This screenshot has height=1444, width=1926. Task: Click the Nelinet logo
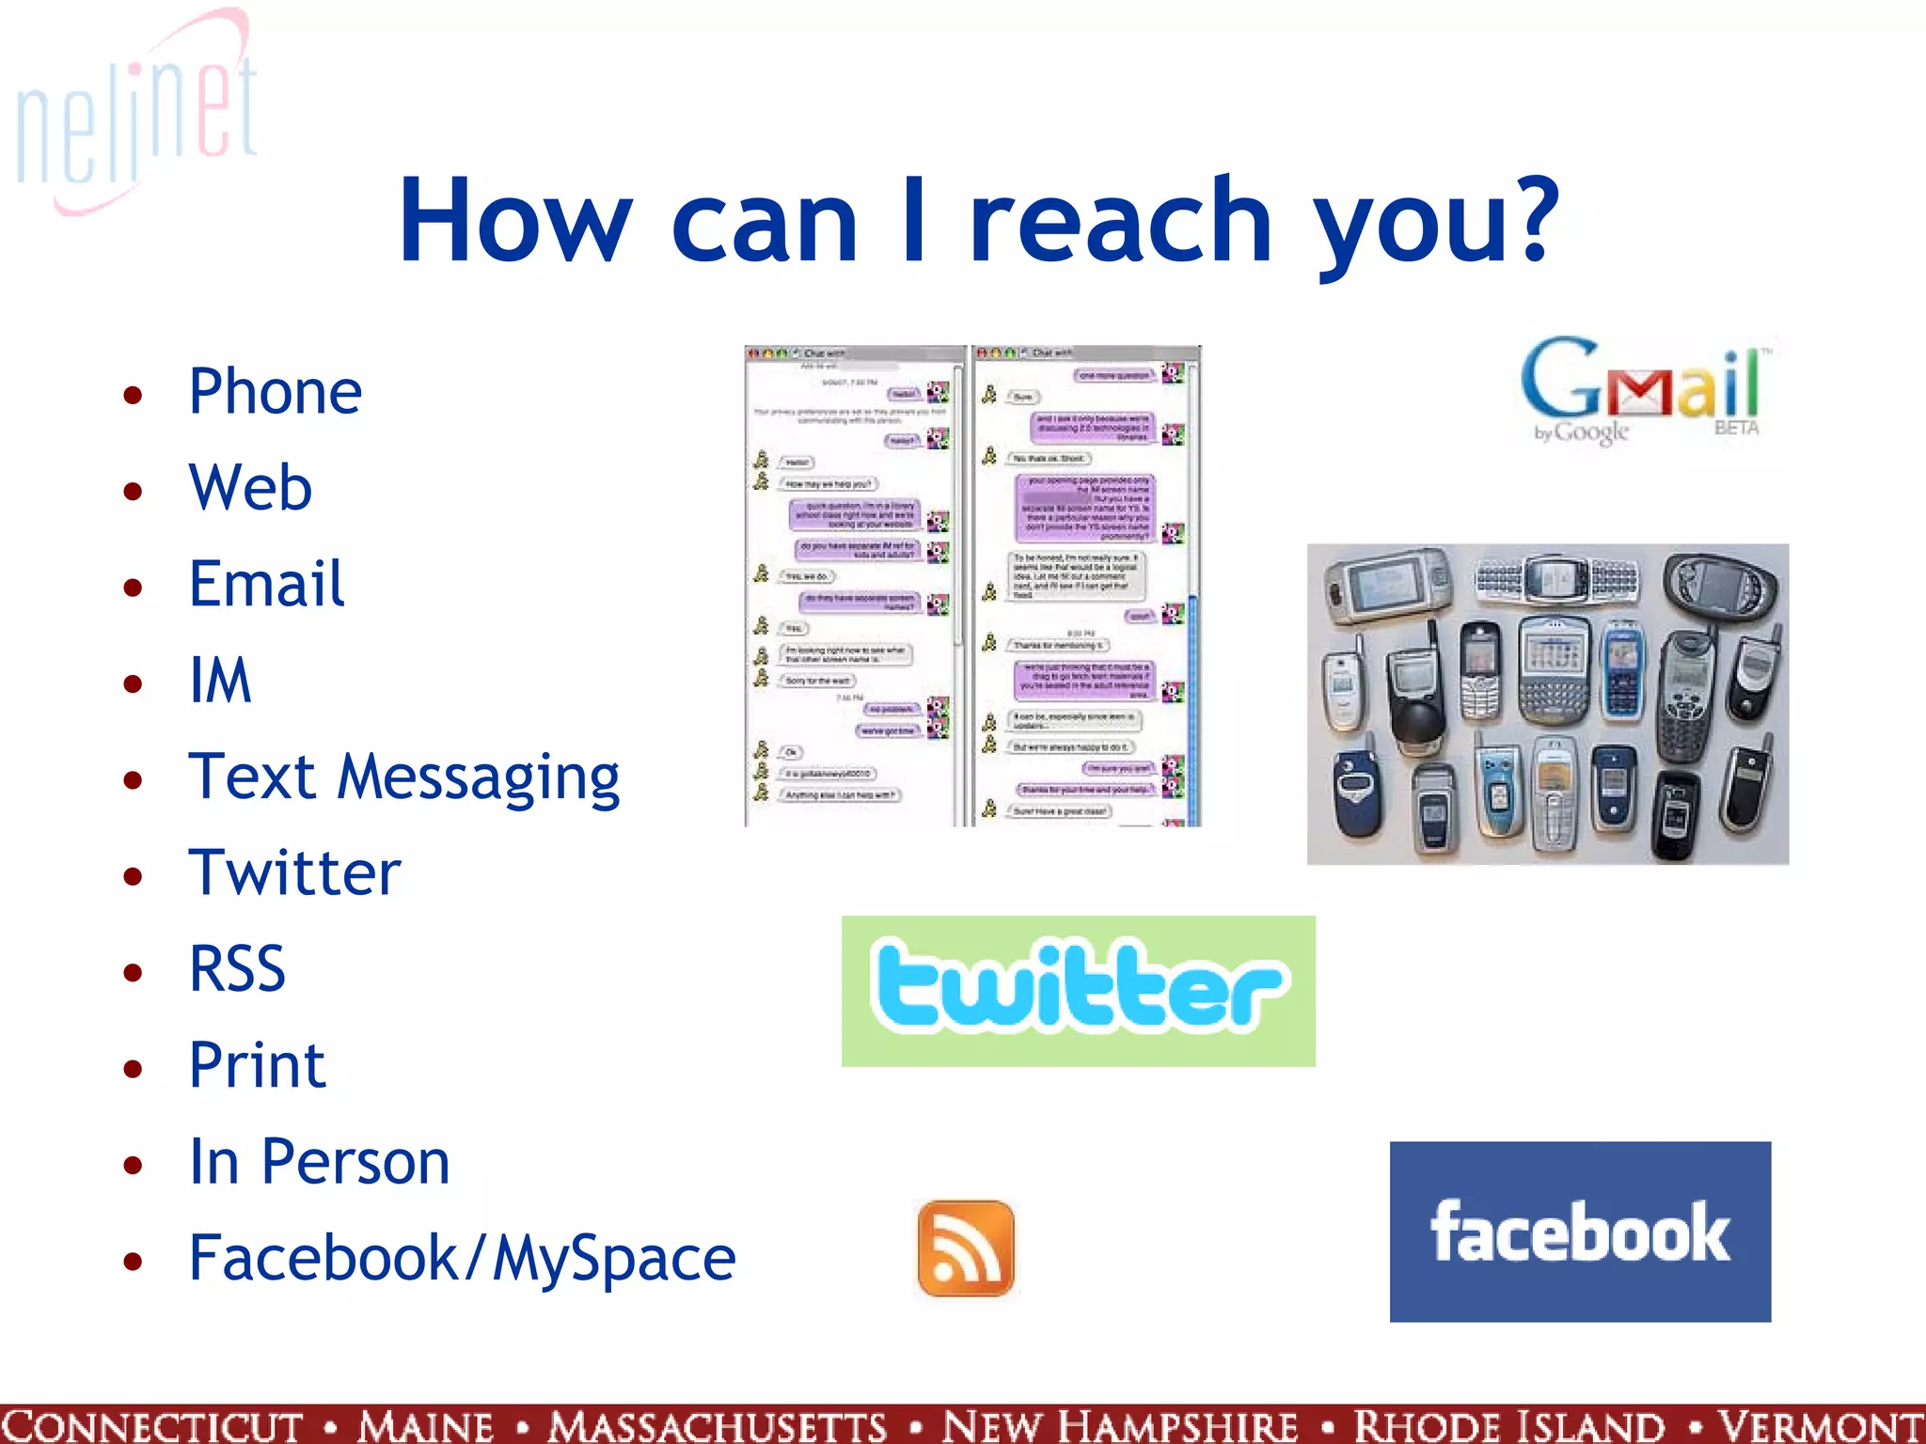pos(136,113)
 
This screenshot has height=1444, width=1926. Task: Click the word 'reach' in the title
pos(1120,222)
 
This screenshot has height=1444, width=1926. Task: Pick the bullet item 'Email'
pos(267,584)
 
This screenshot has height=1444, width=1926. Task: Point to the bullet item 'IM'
pos(220,681)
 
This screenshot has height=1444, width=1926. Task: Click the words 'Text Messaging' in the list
pos(404,778)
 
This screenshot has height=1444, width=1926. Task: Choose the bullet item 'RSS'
pos(237,969)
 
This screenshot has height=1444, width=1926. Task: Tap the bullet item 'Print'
pos(258,1066)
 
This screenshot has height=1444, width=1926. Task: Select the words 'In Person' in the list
pos(320,1162)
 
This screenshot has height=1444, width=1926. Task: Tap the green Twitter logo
pos(1078,991)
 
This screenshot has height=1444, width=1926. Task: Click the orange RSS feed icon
pos(966,1248)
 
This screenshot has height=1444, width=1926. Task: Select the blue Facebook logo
pos(1580,1232)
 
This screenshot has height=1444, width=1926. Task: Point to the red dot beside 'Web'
pos(133,491)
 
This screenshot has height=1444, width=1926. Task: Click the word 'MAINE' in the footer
pos(426,1426)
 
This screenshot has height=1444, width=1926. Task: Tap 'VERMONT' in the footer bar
pos(1820,1426)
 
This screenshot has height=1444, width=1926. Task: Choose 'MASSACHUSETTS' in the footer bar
pos(718,1426)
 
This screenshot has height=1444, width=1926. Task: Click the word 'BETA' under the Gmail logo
pos(1736,429)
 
